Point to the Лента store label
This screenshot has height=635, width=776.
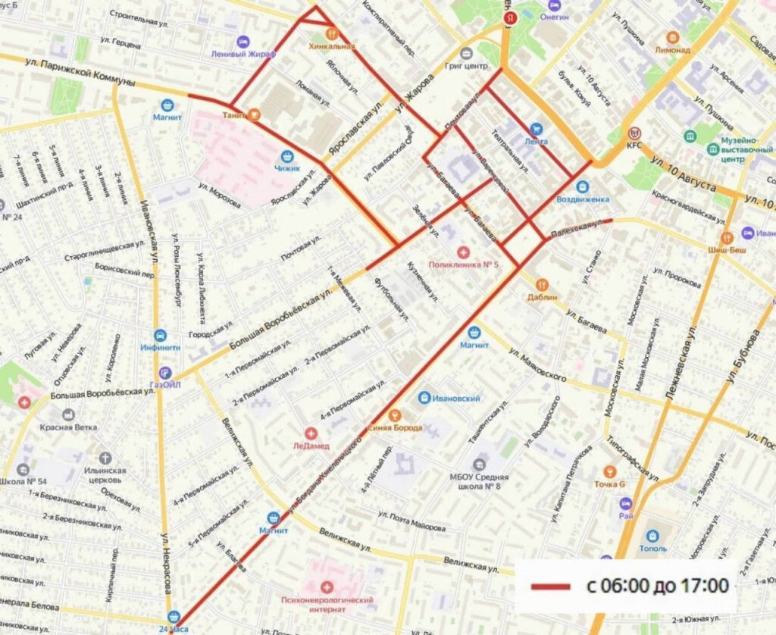[536, 142]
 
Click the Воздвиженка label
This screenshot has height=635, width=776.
[582, 199]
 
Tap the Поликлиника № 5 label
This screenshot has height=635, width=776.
[463, 264]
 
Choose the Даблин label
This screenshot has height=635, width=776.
[542, 297]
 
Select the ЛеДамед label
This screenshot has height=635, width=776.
[311, 446]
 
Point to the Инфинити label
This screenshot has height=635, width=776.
[160, 348]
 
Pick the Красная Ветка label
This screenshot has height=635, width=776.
[69, 427]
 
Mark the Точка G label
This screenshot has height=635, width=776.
[609, 484]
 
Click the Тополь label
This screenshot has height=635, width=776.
[652, 547]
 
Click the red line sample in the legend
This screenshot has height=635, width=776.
[550, 587]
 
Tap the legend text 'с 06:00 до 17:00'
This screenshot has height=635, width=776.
[658, 586]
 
